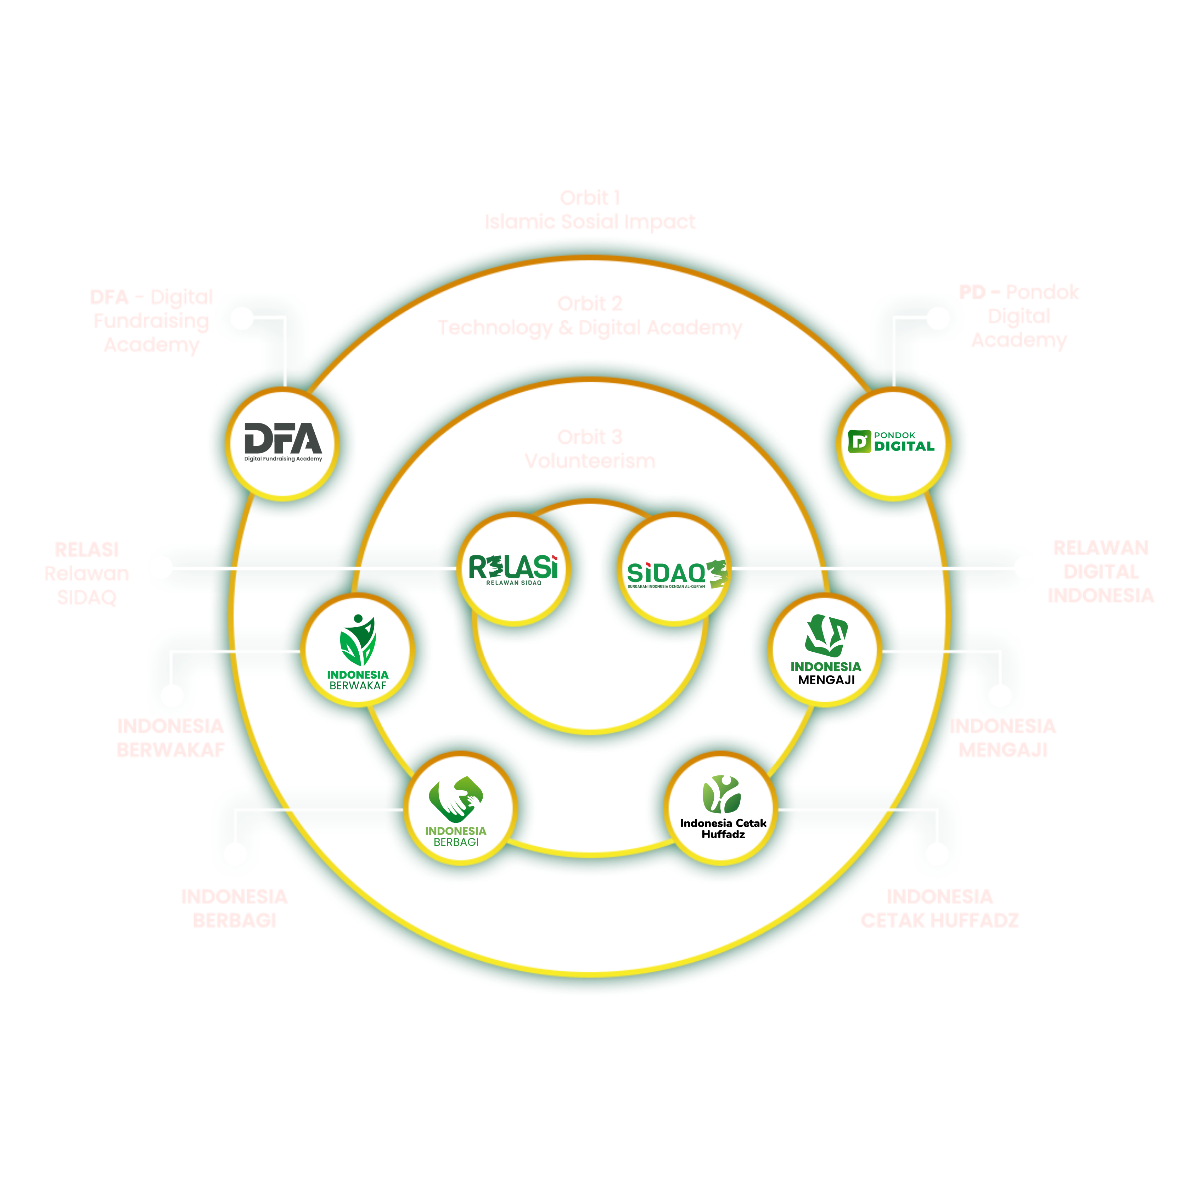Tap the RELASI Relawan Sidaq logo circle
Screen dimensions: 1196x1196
[513, 568]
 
